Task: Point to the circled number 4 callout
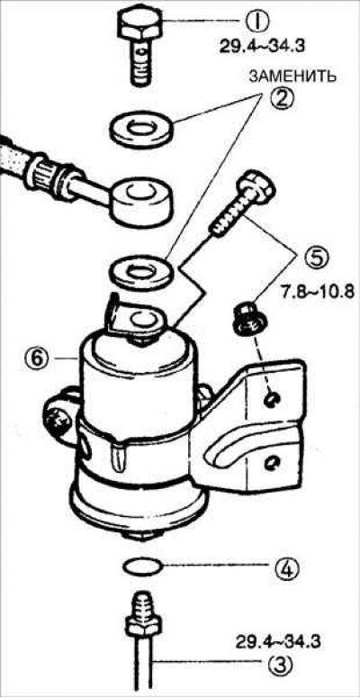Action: [281, 567]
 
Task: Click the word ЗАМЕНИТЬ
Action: [292, 77]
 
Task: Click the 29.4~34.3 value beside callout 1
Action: [263, 47]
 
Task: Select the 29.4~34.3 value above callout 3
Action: [278, 642]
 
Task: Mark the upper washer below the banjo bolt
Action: [140, 129]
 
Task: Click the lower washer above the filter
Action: [140, 271]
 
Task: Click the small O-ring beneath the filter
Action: [141, 567]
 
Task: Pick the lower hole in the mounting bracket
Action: [270, 466]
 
